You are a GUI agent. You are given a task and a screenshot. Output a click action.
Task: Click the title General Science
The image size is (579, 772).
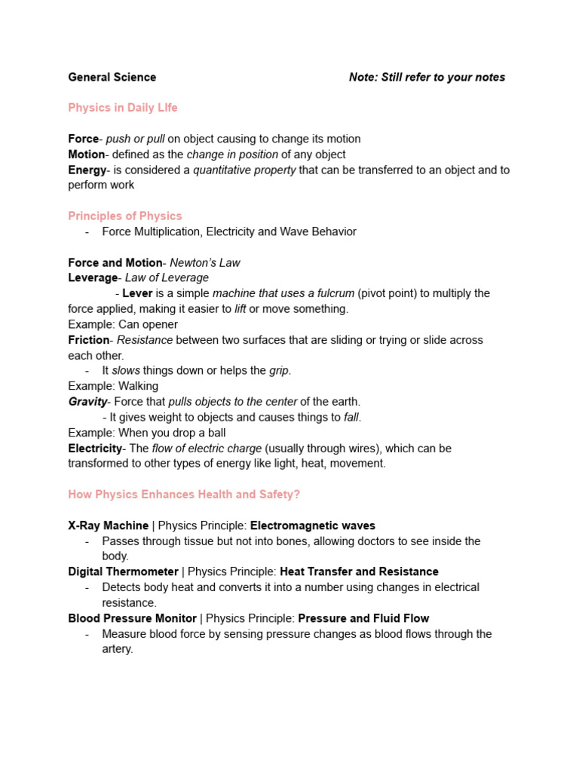click(112, 77)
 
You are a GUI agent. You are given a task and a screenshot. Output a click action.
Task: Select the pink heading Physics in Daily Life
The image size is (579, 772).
click(123, 108)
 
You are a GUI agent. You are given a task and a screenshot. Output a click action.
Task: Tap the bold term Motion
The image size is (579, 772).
click(87, 155)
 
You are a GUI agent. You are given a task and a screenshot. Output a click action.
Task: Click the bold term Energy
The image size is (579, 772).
click(87, 170)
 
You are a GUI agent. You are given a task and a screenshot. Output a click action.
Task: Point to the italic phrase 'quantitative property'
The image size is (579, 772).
click(244, 170)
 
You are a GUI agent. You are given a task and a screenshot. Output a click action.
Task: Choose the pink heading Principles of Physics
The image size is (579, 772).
click(125, 216)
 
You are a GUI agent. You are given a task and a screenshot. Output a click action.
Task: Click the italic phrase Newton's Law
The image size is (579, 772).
click(205, 262)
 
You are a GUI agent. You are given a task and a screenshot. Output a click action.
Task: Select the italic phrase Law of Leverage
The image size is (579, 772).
click(167, 278)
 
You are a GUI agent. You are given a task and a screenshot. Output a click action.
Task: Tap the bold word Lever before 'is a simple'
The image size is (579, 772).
click(137, 293)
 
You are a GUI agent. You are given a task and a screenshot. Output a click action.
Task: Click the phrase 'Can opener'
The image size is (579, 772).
click(149, 324)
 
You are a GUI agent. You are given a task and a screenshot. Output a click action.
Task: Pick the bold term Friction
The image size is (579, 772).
click(89, 340)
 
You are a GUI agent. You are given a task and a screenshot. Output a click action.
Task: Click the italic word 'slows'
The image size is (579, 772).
click(126, 371)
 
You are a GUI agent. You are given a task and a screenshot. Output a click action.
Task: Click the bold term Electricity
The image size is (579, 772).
click(95, 448)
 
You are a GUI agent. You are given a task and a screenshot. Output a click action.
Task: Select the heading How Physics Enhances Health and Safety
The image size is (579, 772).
click(184, 495)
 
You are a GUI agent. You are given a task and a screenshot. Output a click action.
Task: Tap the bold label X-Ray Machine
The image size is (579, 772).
click(109, 525)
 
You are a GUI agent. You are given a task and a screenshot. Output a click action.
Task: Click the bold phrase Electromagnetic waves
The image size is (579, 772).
click(313, 525)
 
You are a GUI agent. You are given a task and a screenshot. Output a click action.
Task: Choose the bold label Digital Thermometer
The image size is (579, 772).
click(124, 571)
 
